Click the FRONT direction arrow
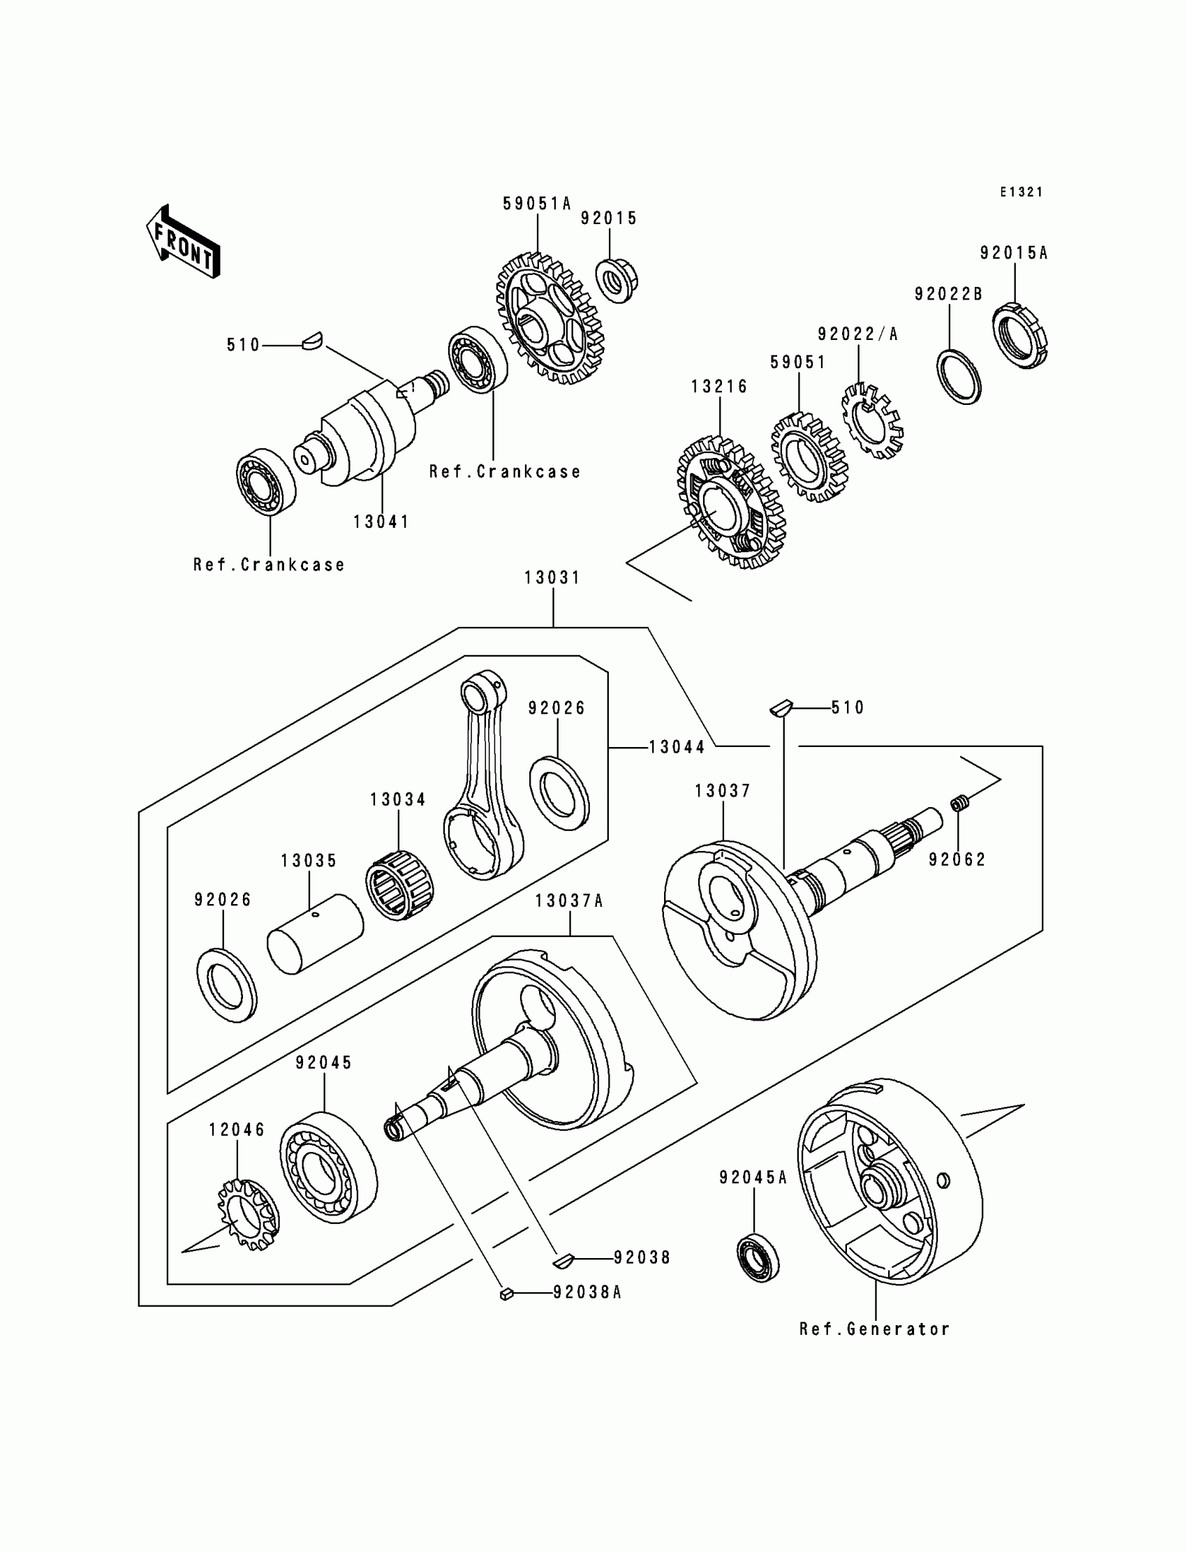183,242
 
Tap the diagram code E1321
1021,192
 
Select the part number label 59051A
536,203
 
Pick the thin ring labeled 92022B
959,376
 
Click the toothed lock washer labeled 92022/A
872,421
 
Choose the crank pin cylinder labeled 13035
315,933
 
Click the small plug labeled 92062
959,802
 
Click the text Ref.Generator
874,1329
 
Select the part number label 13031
552,578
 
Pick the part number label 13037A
569,901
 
